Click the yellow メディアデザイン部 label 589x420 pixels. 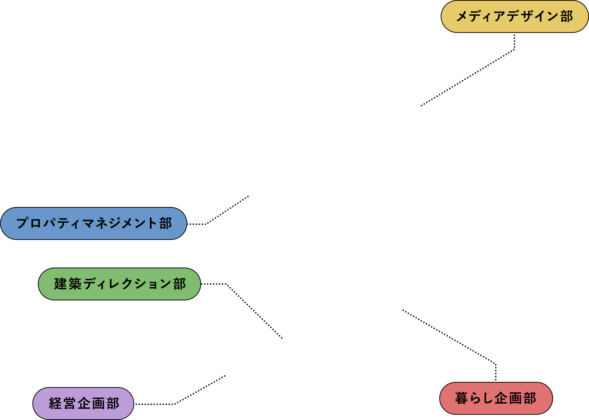[515, 16]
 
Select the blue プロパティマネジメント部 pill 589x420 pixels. [94, 223]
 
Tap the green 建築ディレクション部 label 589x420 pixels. [119, 284]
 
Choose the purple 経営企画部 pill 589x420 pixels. [83, 404]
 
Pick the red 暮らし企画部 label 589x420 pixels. [496, 398]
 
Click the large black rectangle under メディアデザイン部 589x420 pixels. [468, 70]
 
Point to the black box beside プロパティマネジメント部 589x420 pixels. [218, 210]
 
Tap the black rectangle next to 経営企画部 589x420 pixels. [179, 394]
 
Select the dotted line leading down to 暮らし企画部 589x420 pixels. [449, 336]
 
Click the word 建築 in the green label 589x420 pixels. [68, 284]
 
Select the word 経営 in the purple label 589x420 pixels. [62, 404]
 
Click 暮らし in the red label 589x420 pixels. [474, 398]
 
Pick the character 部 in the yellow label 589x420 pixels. [567, 16]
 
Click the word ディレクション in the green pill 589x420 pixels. [127, 284]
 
